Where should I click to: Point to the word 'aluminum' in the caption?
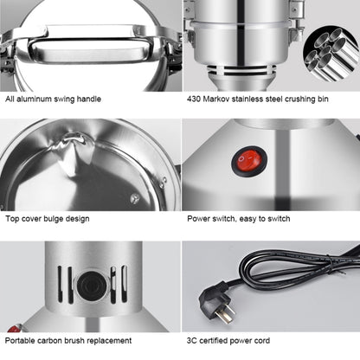(x=39, y=98)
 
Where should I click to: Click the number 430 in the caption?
(x=196, y=98)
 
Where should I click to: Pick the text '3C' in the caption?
(x=193, y=341)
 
